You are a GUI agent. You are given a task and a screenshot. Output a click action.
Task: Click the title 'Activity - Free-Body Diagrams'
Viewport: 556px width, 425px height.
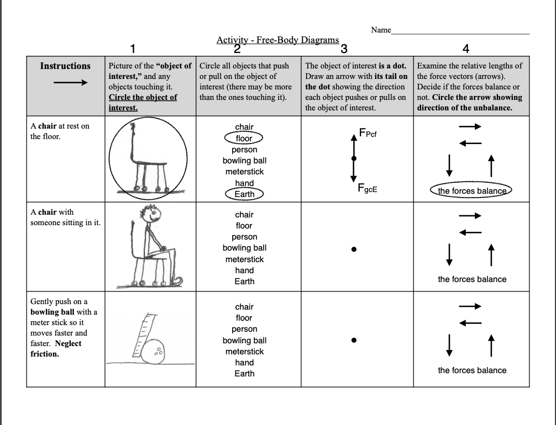coord(277,40)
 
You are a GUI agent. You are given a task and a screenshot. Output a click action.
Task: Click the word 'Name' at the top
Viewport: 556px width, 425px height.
coord(381,30)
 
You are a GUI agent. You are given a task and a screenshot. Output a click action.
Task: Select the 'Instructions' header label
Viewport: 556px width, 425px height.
coord(65,66)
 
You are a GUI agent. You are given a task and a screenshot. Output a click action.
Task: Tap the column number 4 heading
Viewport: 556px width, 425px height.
coord(465,49)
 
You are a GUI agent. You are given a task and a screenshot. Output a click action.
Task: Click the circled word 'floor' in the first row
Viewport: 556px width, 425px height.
coord(244,138)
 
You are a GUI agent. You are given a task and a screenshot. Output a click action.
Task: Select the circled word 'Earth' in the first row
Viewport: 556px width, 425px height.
coord(244,194)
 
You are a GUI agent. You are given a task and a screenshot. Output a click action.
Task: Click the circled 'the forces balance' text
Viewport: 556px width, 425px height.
coord(471,191)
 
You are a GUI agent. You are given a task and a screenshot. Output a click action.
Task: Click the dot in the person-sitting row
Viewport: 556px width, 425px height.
coord(354,249)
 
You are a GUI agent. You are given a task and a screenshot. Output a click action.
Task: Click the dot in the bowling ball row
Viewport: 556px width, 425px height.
coord(354,340)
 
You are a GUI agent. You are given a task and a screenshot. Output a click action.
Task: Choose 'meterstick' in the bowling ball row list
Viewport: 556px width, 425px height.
coord(244,352)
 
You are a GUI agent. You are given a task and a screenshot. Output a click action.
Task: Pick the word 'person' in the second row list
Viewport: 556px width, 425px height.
coord(244,237)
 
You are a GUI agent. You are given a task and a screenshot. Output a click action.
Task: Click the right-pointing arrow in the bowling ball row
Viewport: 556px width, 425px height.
coord(470,306)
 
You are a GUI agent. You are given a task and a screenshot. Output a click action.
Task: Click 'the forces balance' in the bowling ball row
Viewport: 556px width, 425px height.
coord(472,370)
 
